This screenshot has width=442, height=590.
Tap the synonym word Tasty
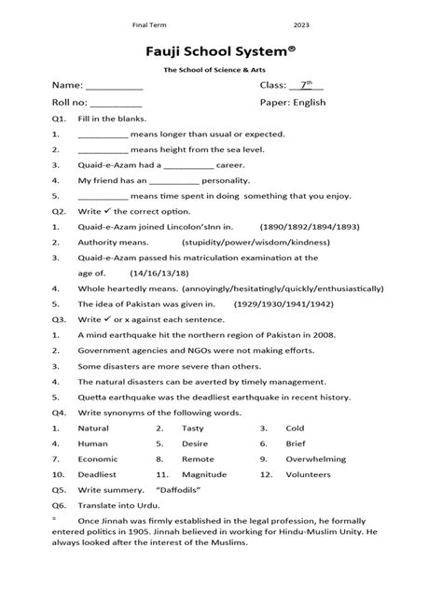point(192,428)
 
